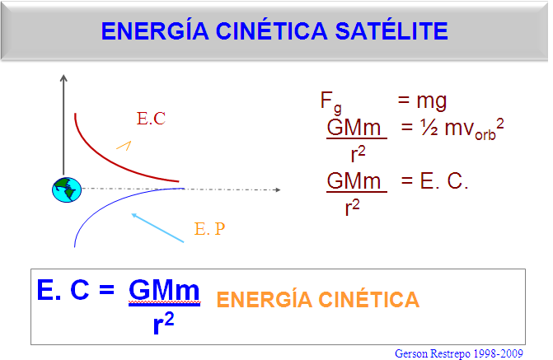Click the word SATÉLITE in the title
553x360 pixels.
point(391,30)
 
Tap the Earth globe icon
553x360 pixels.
point(67,189)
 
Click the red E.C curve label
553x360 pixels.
point(151,119)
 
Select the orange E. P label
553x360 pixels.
point(209,229)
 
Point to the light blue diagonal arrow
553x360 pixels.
point(157,227)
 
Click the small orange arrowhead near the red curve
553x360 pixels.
point(124,145)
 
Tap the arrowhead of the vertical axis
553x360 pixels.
point(63,78)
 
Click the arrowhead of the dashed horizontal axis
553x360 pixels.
point(278,189)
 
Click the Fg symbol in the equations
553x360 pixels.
point(330,102)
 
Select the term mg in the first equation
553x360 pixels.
point(432,101)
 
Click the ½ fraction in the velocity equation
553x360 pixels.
point(429,128)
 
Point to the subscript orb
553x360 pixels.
point(485,135)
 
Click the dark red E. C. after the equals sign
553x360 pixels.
point(444,181)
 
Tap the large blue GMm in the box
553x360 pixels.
point(164,290)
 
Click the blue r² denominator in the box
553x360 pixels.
point(164,323)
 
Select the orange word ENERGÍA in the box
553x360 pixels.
point(265,299)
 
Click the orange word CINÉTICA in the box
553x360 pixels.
point(369,299)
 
